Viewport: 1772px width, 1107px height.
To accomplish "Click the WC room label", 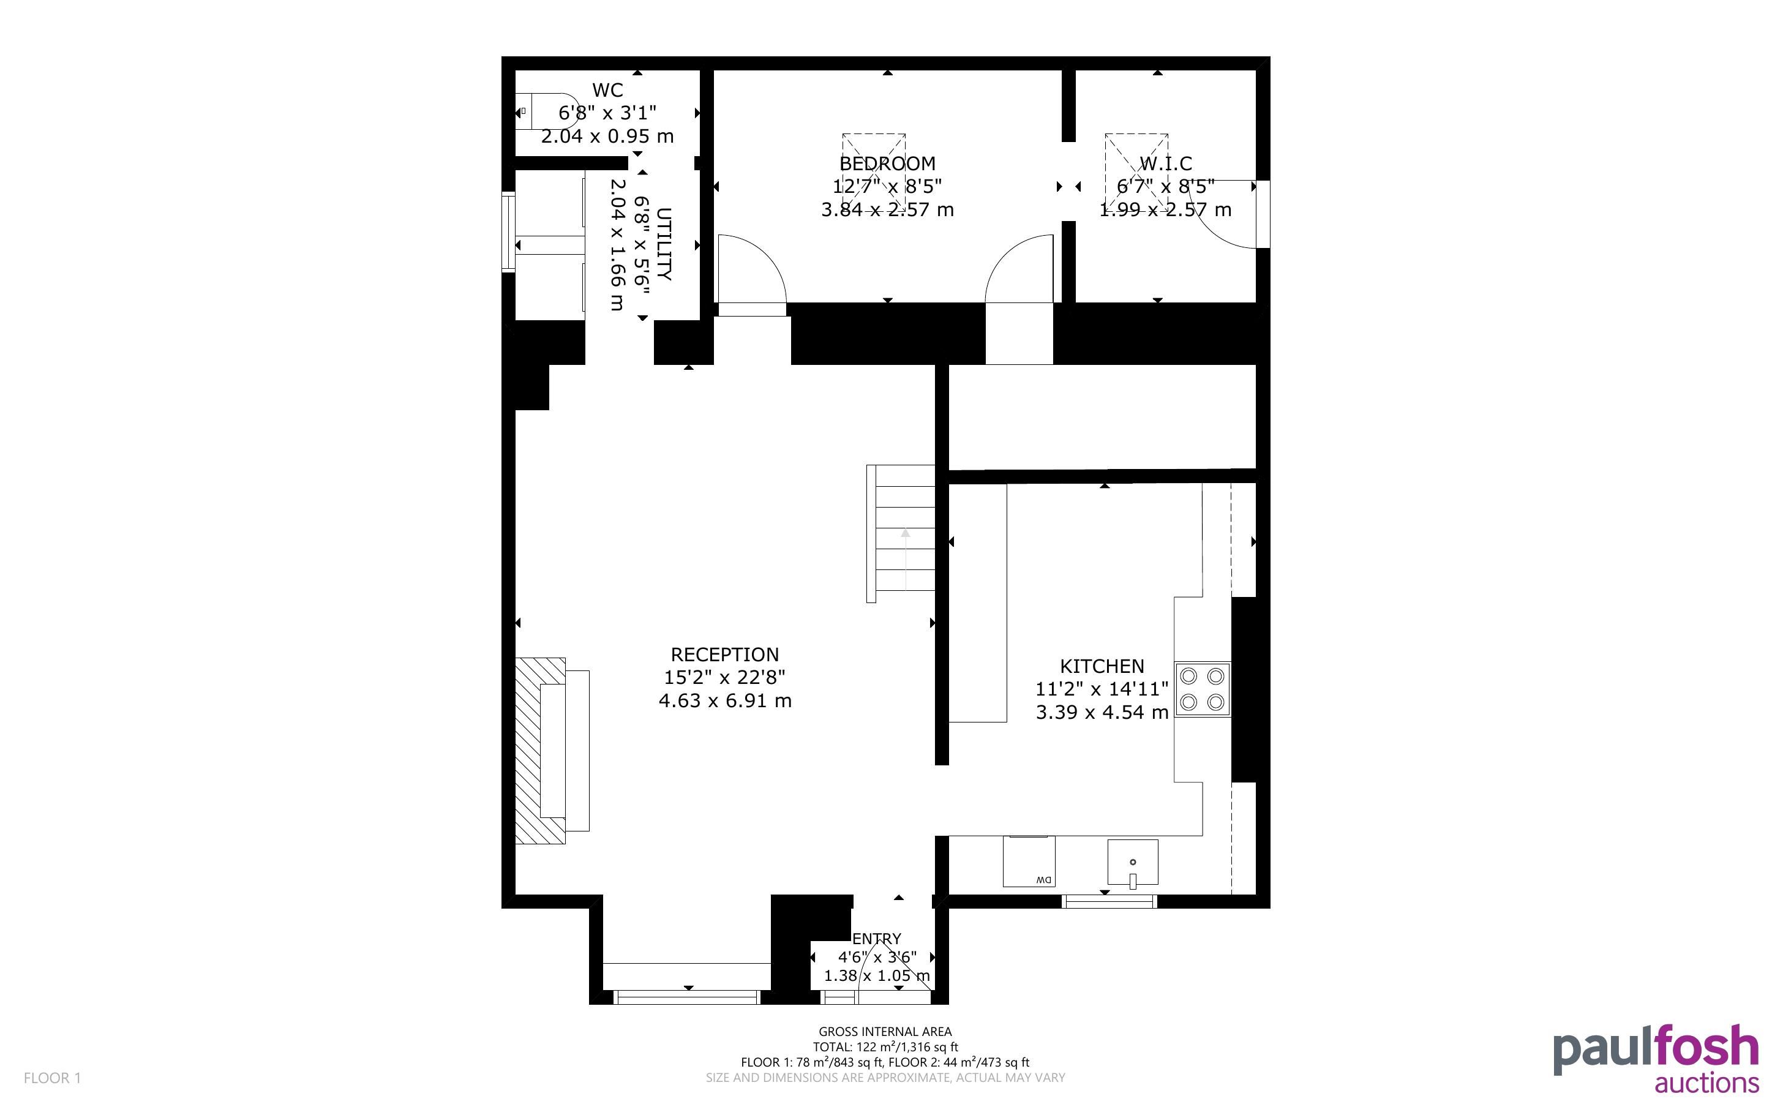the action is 607,90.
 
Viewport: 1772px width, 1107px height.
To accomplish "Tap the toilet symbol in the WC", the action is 546,111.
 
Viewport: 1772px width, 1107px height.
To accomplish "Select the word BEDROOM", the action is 887,163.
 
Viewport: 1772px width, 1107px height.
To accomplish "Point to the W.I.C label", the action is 1165,163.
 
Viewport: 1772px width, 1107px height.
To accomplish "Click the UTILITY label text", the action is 664,244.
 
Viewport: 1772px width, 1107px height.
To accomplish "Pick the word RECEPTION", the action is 724,655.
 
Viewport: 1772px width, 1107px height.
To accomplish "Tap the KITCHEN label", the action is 1102,666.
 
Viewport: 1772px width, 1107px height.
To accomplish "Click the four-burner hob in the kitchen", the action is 1203,689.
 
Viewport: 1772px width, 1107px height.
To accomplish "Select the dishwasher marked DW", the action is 1029,861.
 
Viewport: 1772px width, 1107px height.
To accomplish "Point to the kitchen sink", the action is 1132,863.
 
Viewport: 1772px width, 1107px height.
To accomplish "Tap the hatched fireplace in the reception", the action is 540,751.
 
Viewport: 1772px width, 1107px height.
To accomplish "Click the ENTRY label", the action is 877,939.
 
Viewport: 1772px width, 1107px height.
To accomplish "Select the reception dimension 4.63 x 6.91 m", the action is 724,700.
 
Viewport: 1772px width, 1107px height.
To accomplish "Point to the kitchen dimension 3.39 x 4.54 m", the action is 1102,712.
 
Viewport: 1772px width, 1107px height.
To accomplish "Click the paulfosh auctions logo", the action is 1656,1059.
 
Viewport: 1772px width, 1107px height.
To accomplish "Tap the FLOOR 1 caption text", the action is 53,1078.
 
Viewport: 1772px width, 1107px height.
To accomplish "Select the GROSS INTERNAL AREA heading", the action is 885,1032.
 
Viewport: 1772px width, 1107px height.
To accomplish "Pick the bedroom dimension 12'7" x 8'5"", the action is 887,186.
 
